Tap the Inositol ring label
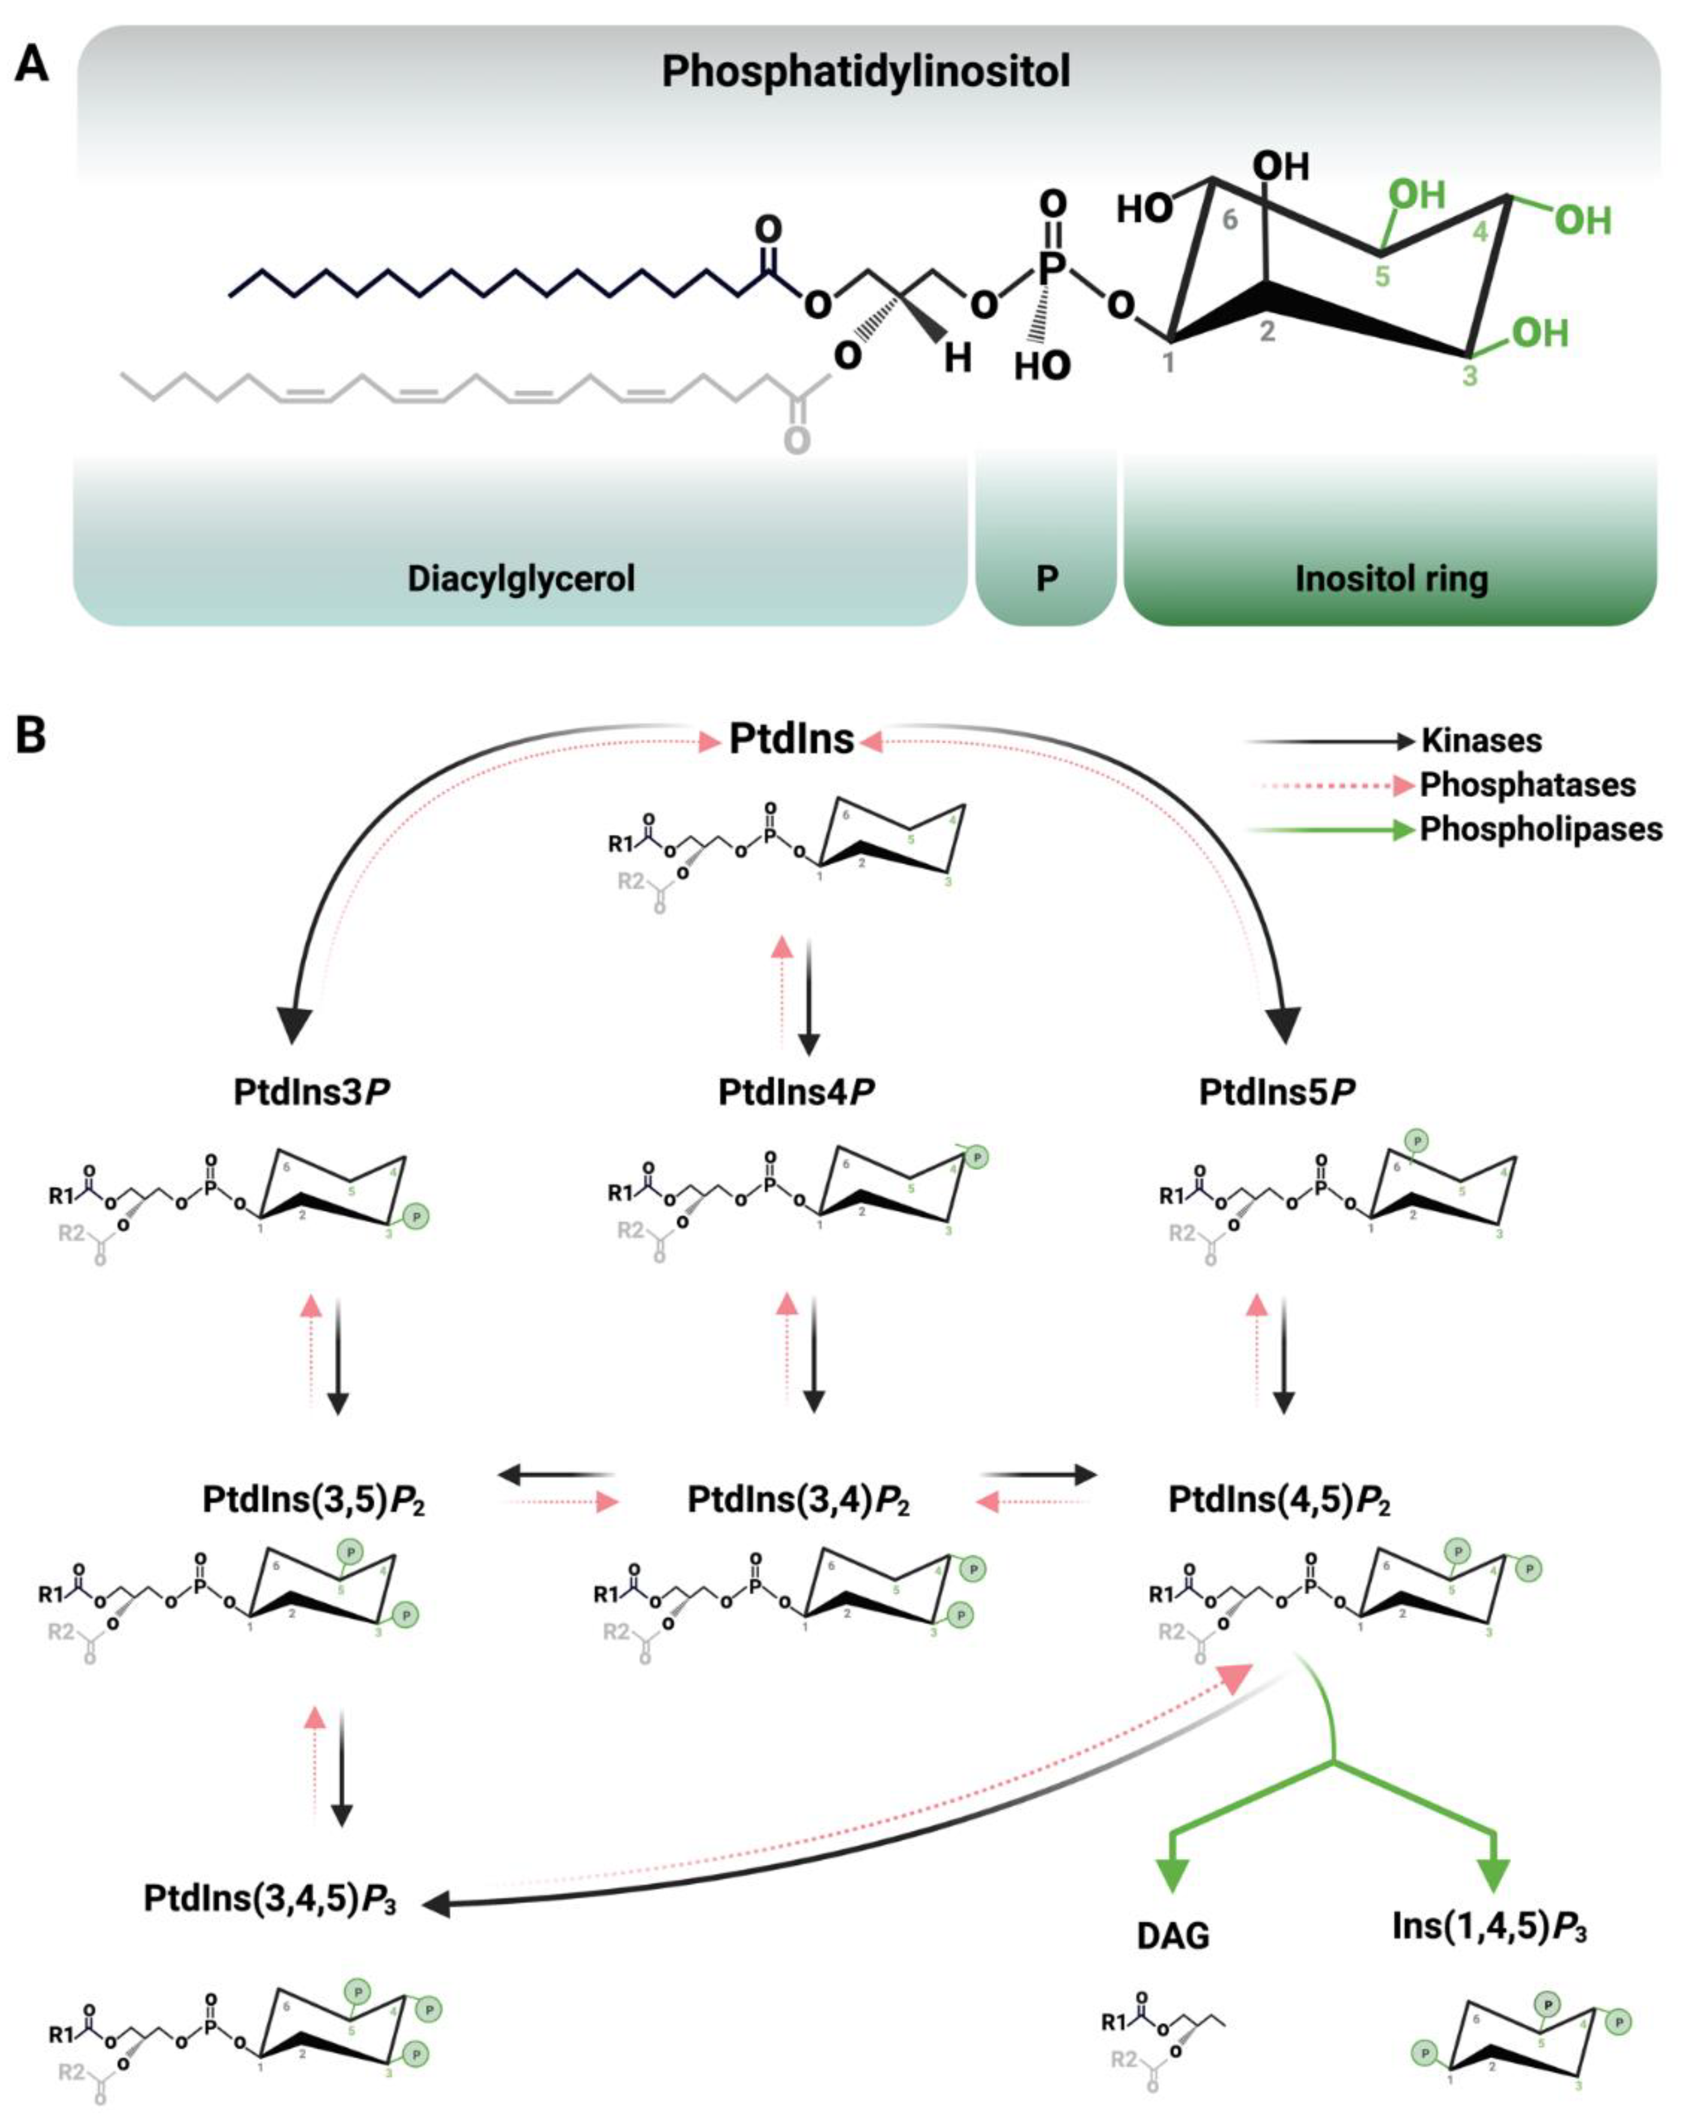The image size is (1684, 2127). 1390,579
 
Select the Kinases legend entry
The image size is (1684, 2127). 1481,741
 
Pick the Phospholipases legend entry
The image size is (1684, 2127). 1540,829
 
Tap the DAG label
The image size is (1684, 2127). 1172,1936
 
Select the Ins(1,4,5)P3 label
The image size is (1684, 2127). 1489,1926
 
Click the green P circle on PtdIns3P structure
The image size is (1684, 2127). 416,1218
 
